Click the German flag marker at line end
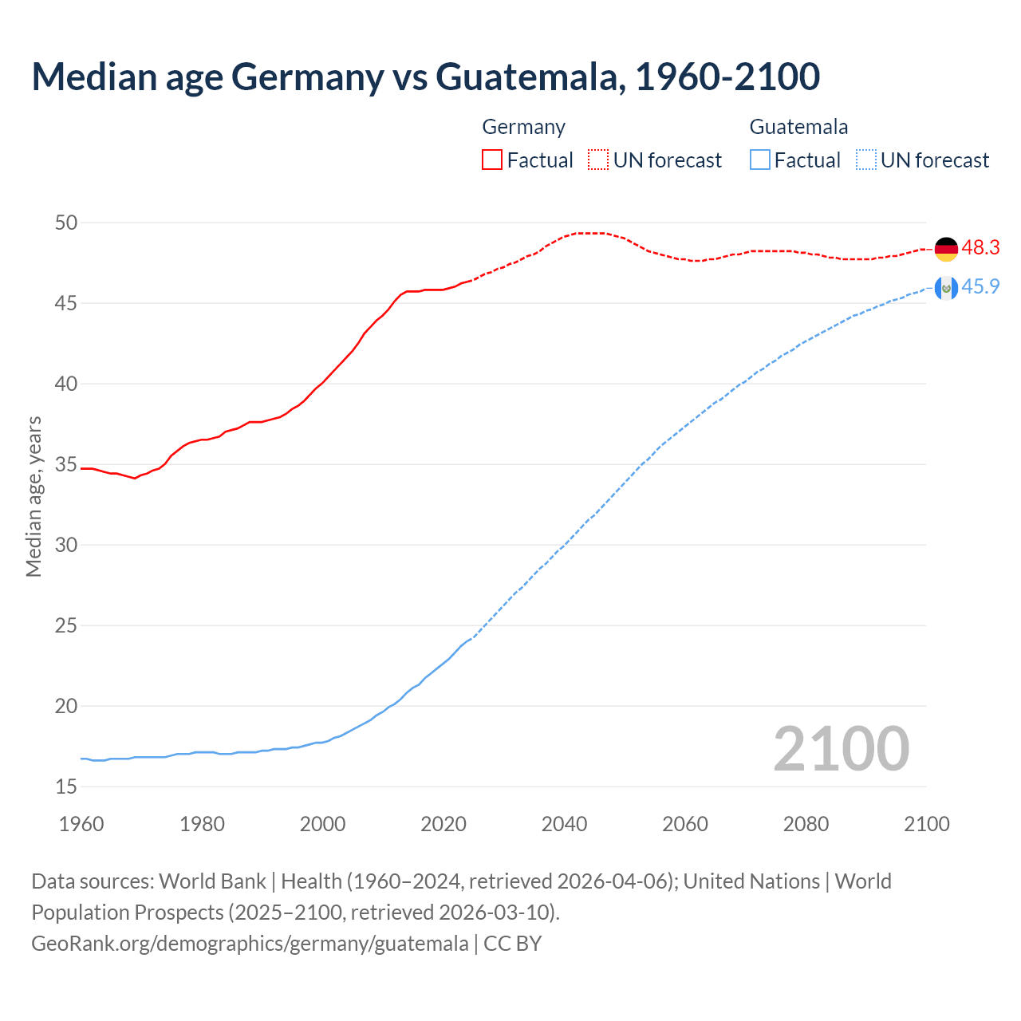point(946,249)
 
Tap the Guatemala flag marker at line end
point(946,288)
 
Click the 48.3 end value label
point(980,248)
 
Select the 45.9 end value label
point(980,287)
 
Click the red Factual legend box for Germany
point(492,160)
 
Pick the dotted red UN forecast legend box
point(598,160)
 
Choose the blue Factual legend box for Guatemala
point(760,160)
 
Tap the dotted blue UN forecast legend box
point(865,160)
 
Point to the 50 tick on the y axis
point(66,223)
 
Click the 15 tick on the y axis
point(66,787)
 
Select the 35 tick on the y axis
point(66,465)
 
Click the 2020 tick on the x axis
point(443,824)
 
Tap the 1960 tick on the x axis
point(81,824)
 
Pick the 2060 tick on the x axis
point(685,824)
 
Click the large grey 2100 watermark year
point(841,749)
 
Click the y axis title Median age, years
point(34,496)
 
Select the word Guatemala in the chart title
point(526,77)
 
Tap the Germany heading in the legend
point(523,127)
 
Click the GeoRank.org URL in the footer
point(250,944)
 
